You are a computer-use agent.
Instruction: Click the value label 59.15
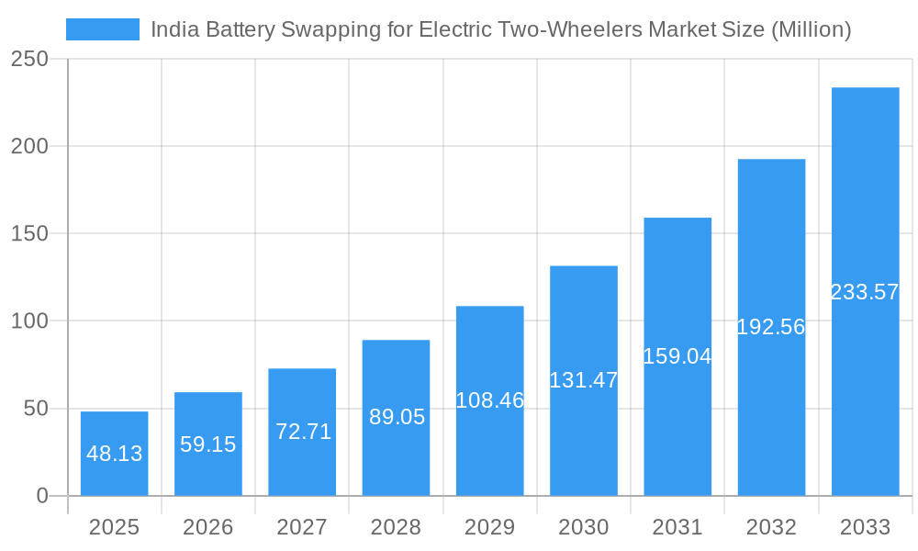click(208, 444)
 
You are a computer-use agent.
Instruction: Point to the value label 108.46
click(490, 400)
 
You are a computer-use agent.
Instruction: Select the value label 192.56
click(771, 327)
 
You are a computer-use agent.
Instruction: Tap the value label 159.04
click(677, 356)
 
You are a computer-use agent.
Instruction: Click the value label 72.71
click(303, 432)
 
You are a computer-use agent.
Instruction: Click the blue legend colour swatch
click(103, 29)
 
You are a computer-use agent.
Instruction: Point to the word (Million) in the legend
click(811, 30)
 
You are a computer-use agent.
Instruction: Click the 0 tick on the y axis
click(42, 496)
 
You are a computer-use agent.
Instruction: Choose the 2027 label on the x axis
click(302, 527)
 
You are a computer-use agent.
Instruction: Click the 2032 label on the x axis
click(771, 527)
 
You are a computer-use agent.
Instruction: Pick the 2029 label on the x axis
click(490, 527)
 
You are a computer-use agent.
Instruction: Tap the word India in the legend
click(171, 29)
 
